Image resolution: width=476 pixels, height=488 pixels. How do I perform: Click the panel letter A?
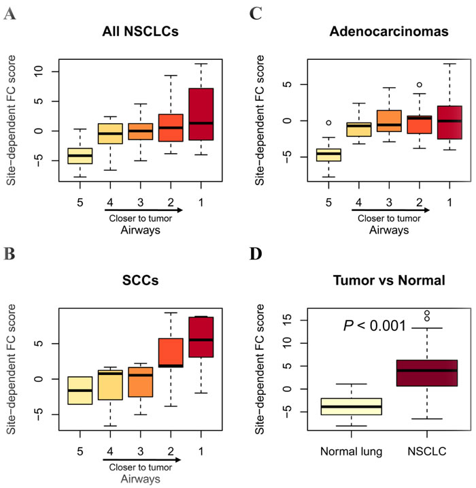pos(10,13)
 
